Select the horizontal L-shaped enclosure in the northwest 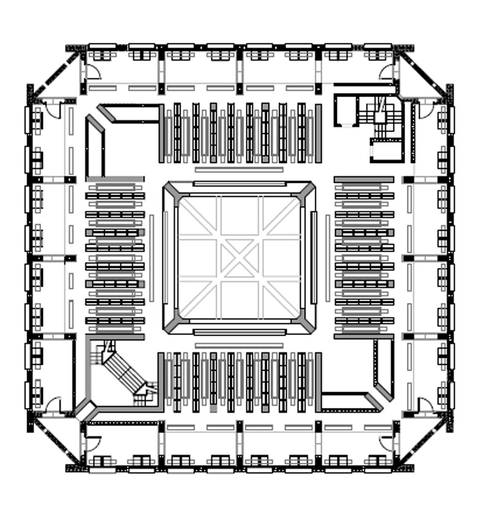(130, 113)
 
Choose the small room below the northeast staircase (386, 150)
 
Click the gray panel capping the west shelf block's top (115, 179)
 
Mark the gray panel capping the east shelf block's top (363, 179)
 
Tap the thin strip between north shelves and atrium (238, 170)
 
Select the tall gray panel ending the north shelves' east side (318, 133)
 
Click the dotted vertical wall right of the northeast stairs (414, 133)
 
